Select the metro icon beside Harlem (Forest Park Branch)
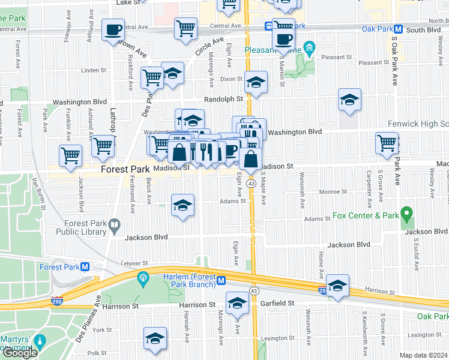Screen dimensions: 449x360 [x=221, y=280]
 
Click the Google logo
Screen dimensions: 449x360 [x=20, y=353]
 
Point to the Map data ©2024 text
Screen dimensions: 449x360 [x=424, y=355]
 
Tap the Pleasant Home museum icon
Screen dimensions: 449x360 [x=309, y=47]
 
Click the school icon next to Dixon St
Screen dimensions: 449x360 [x=256, y=83]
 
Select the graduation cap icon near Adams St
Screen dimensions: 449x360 [x=183, y=206]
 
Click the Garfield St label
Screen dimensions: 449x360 [x=277, y=304]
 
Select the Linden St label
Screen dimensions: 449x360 [x=93, y=70]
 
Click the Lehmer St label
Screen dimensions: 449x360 [x=133, y=263]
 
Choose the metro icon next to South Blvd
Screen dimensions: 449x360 [x=398, y=29]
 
